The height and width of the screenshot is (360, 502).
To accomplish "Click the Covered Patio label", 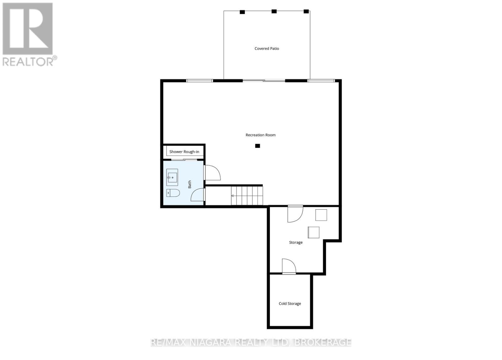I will coord(267,49).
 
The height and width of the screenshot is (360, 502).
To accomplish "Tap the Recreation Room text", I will coord(260,135).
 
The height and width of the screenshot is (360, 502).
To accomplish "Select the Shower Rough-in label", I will coord(184,152).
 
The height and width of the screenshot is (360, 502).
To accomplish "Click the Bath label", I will coord(190,184).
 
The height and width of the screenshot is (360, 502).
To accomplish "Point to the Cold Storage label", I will coord(290,304).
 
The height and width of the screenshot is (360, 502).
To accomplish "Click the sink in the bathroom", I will coord(172,177).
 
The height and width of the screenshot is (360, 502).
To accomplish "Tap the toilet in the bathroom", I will coord(173,193).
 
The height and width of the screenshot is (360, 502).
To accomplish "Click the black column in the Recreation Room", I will coord(258,146).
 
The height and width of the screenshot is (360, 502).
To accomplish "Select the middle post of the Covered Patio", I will coord(274,11).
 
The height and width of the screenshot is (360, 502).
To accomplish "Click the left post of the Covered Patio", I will coord(242,12).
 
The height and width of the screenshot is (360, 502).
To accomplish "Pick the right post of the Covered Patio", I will coord(306,11).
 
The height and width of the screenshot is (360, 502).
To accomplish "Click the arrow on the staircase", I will coord(232,196).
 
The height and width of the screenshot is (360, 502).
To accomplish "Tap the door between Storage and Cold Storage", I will coord(289,267).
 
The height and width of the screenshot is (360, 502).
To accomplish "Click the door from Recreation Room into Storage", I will coord(295,214).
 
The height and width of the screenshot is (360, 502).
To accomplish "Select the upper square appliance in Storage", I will coord(321,215).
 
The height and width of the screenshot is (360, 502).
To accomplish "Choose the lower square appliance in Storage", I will coord(313,233).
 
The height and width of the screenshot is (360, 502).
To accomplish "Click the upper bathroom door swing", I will coord(212,173).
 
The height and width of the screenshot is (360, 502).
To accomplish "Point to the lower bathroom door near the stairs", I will coord(198,195).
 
